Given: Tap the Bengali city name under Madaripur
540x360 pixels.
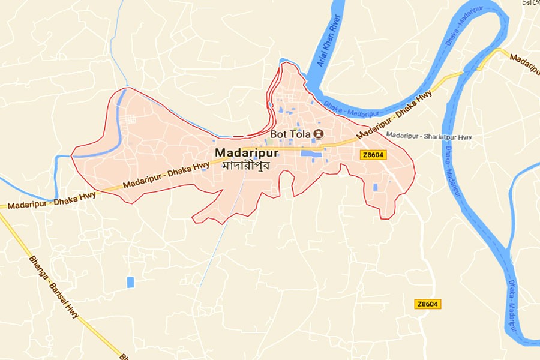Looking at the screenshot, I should pyautogui.click(x=244, y=164).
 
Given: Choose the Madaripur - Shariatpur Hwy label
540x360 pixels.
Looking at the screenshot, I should pyautogui.click(x=429, y=137).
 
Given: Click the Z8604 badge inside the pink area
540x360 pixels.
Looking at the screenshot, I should pyautogui.click(x=373, y=155).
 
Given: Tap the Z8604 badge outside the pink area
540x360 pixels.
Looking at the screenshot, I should pyautogui.click(x=428, y=304).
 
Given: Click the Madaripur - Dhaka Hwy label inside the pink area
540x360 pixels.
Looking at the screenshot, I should pyautogui.click(x=167, y=175).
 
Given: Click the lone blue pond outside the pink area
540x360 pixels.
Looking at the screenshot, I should pyautogui.click(x=130, y=282).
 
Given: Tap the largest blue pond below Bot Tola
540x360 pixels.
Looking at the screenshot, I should pyautogui.click(x=311, y=154).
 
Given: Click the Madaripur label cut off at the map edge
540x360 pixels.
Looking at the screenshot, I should pyautogui.click(x=525, y=64).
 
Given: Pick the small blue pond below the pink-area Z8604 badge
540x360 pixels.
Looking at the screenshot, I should pyautogui.click(x=376, y=187).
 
